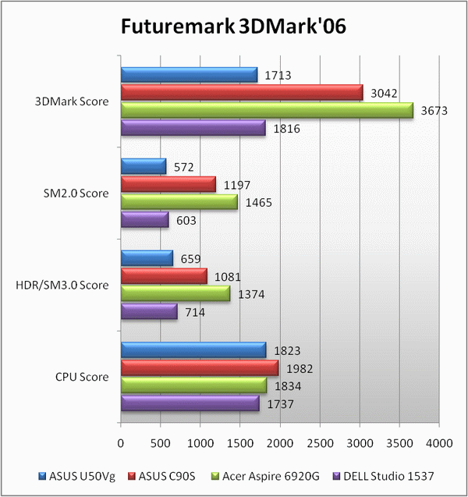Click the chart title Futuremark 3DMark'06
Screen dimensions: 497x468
233,27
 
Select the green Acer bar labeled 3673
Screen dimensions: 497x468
267,111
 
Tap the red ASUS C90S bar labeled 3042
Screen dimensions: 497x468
241,93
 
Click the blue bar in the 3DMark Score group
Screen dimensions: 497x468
189,75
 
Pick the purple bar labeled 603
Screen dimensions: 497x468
144,221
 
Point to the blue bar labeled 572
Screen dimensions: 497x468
144,166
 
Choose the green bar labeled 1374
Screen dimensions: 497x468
175,293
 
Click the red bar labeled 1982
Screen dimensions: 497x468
200,367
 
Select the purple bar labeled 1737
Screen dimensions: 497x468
190,403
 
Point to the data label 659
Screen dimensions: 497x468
193,258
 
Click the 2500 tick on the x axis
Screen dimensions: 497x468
319,443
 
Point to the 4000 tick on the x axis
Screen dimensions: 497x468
438,443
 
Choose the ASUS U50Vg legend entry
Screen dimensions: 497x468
76,474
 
